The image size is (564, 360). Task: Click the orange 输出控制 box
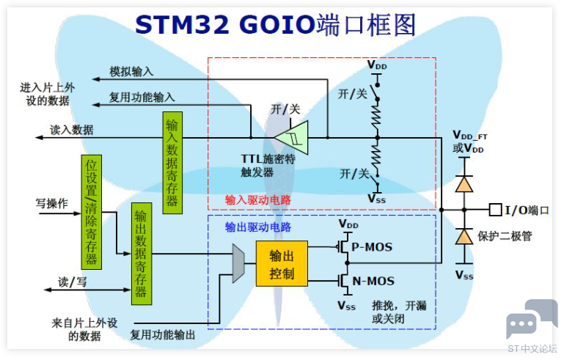pos(282,264)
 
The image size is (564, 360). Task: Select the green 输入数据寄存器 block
pos(172,163)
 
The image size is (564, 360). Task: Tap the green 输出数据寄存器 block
pos(142,254)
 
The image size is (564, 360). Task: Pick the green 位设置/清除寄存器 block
pos(92,212)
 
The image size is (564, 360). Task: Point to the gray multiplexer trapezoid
pos(238,263)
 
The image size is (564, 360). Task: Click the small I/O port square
pos(495,210)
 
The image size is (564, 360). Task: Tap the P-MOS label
pos(372,247)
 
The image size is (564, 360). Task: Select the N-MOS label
pos(373,281)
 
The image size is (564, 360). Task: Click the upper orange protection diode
pos(464,184)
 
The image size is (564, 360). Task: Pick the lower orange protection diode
pos(464,236)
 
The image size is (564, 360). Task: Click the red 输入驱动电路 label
pos(258,200)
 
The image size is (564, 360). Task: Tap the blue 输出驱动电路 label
pos(258,227)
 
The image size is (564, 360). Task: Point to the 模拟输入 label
pos(131,72)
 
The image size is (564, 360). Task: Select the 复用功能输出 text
pos(163,335)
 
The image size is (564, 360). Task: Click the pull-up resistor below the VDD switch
pos(377,118)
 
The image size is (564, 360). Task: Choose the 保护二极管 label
pos(505,236)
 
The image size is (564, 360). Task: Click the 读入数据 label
pos(72,130)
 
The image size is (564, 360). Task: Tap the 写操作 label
pos(52,204)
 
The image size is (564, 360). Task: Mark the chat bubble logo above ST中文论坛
pos(532,319)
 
